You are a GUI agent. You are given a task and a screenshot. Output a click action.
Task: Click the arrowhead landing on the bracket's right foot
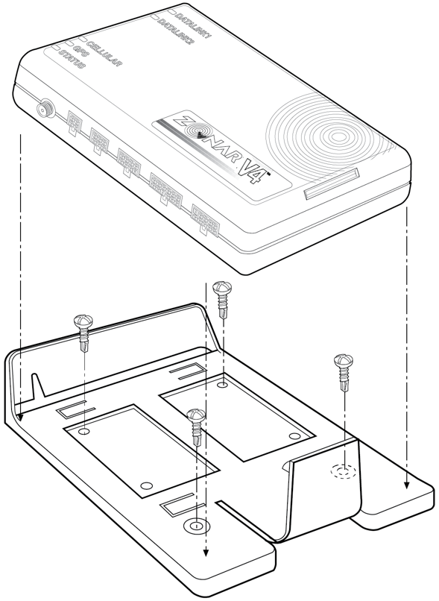coord(406,485)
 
